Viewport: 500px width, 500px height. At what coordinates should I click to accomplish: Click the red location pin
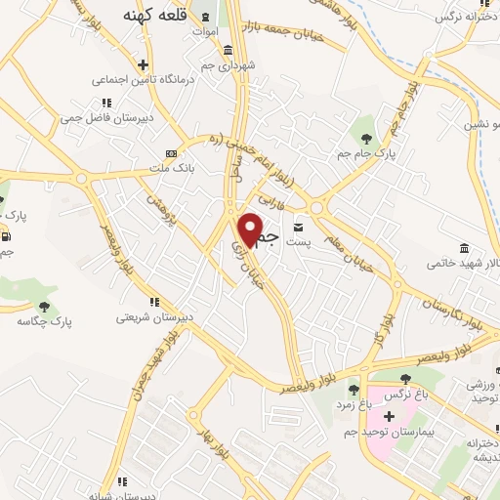(x=251, y=229)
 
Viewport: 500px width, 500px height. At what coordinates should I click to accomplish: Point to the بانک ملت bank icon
(x=171, y=154)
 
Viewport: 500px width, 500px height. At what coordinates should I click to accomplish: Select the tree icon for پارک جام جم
(x=366, y=122)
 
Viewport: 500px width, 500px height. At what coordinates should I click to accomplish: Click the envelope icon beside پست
(x=298, y=227)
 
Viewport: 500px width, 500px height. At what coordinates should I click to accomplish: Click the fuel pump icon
(x=7, y=235)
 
